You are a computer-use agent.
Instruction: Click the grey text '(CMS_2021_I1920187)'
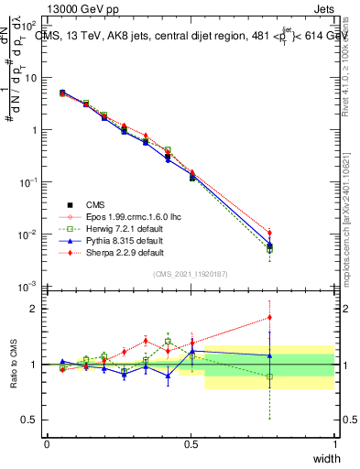click(x=191, y=273)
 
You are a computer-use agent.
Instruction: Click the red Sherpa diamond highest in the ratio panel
click(x=269, y=318)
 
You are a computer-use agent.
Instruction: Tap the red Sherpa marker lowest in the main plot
click(x=269, y=233)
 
